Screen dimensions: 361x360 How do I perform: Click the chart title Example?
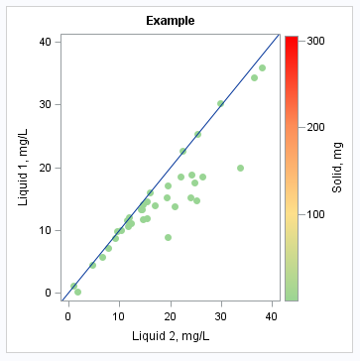tap(170, 21)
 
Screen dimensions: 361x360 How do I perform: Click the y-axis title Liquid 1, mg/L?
tap(24, 166)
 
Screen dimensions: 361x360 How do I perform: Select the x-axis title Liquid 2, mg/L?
tap(170, 337)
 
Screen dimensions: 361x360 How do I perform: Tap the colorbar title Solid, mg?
tap(338, 167)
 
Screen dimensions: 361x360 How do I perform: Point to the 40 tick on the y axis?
tap(45, 41)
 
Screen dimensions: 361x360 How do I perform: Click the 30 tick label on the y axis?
tap(45, 104)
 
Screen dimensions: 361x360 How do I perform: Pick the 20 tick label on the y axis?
tap(45, 167)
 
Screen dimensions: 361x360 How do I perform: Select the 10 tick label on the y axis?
tap(45, 230)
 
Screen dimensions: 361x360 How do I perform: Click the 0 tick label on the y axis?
tap(48, 293)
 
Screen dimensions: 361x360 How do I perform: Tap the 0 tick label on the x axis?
tap(67, 315)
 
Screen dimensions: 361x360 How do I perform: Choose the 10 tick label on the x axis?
tap(119, 315)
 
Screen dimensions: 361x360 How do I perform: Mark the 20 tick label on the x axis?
tap(170, 315)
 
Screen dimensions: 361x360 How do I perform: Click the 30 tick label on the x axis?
tap(221, 315)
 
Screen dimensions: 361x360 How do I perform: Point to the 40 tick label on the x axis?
tap(272, 315)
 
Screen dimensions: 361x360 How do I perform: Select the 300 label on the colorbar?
tap(316, 41)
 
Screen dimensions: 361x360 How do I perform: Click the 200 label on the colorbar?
tap(316, 127)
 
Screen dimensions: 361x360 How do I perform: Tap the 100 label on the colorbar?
tap(316, 213)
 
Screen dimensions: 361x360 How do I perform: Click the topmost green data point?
tap(262, 68)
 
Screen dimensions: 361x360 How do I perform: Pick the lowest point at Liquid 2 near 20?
tap(169, 237)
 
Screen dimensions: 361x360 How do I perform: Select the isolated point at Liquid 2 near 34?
tap(240, 168)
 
